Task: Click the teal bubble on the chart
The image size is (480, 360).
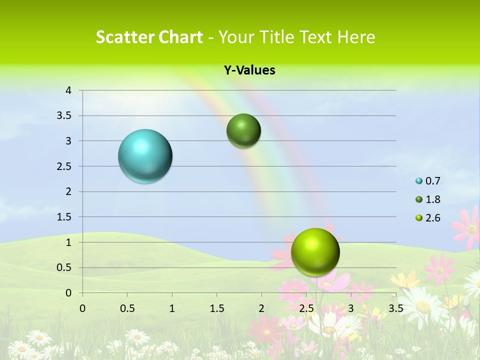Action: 145,156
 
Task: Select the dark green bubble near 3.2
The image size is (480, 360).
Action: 243,131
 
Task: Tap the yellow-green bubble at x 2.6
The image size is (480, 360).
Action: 315,252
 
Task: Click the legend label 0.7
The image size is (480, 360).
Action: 432,181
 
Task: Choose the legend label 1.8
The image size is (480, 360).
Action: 432,199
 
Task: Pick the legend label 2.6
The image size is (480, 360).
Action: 432,218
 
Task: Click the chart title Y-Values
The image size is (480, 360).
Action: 249,70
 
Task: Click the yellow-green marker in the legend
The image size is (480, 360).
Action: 419,218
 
